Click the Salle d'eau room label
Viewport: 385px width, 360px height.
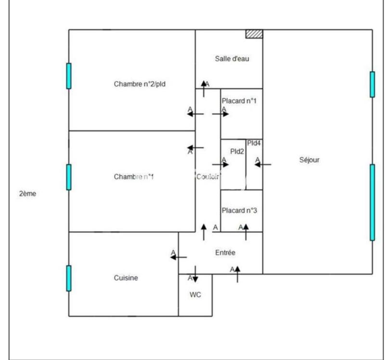[231, 59]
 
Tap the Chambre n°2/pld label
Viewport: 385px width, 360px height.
[140, 84]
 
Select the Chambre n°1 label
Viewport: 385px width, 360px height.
[134, 177]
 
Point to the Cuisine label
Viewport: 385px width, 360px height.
[126, 278]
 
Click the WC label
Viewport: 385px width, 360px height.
[195, 295]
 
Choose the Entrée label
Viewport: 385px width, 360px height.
[225, 252]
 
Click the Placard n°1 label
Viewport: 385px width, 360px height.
[239, 102]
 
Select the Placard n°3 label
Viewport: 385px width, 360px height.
[239, 210]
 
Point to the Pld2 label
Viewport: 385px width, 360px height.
[237, 151]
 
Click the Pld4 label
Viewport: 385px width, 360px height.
[254, 143]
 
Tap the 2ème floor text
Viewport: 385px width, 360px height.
[28, 194]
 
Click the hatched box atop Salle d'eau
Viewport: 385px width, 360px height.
[254, 34]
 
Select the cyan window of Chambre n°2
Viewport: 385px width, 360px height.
[69, 76]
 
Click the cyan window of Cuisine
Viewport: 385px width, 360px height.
[69, 278]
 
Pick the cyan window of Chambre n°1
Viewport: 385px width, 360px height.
[69, 177]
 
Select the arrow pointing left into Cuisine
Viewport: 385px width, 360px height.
[179, 257]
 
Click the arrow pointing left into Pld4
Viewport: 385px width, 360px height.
[263, 165]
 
